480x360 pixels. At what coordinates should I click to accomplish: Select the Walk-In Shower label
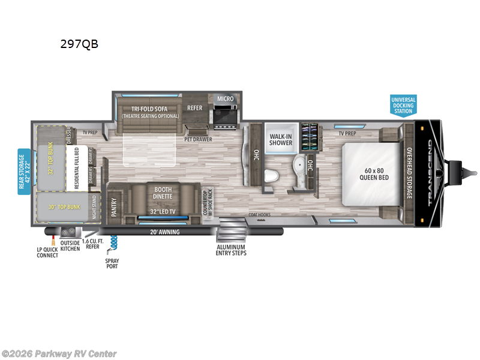click(280, 139)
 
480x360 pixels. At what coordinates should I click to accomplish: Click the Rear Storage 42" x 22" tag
click(24, 172)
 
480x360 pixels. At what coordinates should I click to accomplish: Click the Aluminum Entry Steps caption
click(232, 250)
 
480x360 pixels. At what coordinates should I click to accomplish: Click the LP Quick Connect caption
click(47, 251)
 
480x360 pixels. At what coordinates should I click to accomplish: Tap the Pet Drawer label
click(199, 139)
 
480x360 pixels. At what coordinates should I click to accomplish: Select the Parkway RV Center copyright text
click(59, 354)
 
